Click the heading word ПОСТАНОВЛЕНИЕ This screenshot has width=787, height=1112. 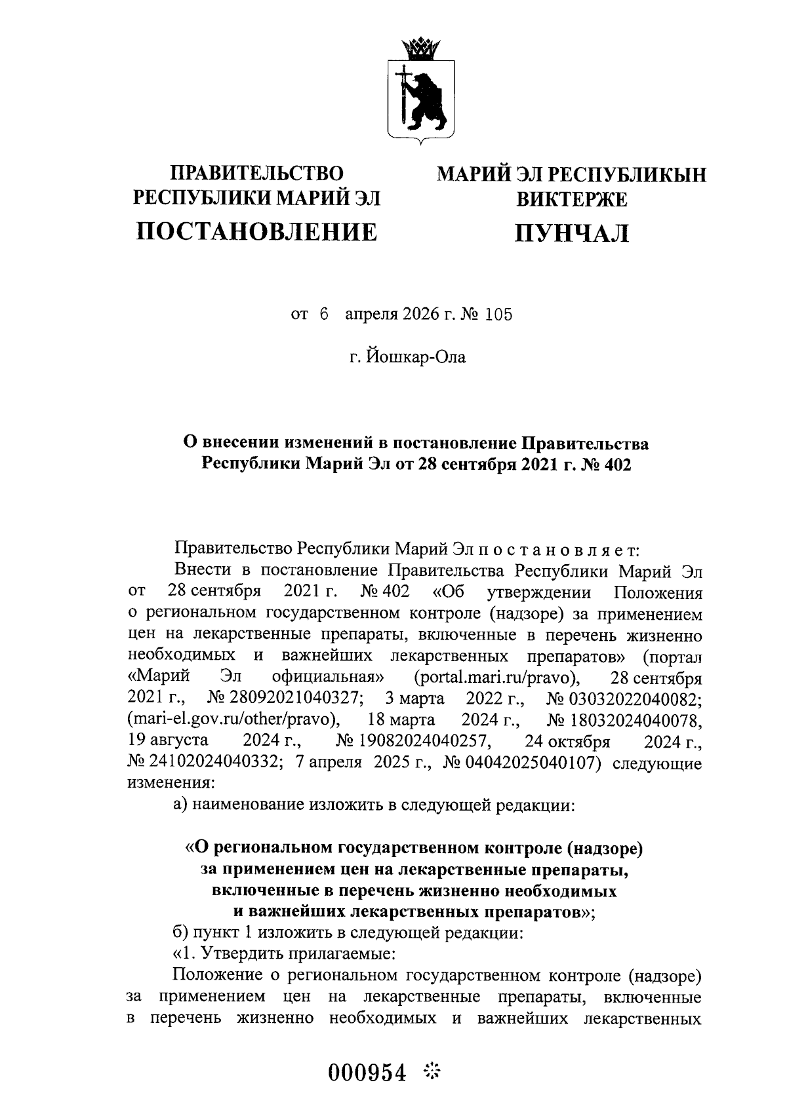tap(256, 231)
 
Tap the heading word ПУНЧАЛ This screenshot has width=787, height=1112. tap(571, 233)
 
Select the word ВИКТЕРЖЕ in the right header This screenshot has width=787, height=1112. tap(571, 199)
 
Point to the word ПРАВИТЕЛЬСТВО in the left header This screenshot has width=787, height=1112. tap(256, 174)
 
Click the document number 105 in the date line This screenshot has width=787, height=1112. tap(498, 315)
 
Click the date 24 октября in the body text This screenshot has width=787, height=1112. tap(567, 742)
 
